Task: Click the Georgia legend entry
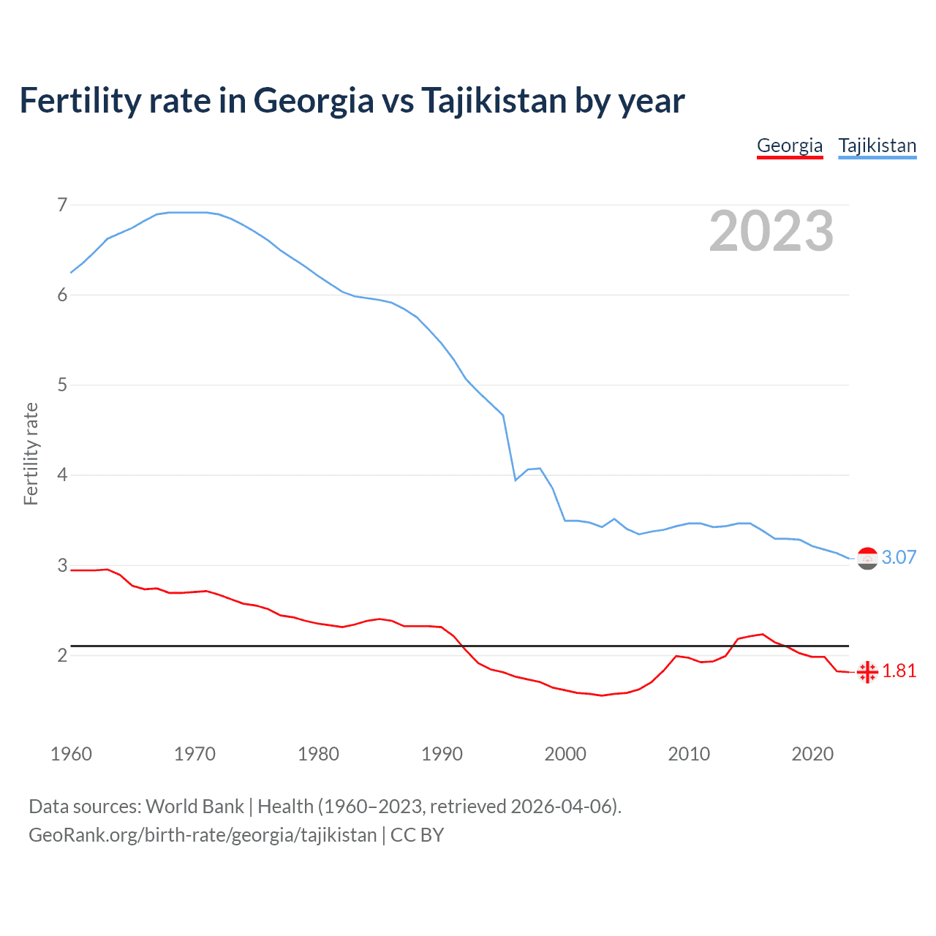coord(790,146)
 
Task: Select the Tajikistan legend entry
coord(877,146)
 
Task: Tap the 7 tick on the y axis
coord(62,205)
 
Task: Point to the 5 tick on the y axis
coord(62,385)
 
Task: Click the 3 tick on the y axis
coord(62,565)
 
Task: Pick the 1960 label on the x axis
coord(71,754)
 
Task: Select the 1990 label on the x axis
coord(442,754)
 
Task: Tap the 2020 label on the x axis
coord(812,754)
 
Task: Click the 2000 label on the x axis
coord(565,754)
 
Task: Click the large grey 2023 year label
coord(771,231)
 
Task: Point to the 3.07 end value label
coord(899,557)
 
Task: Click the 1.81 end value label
coord(899,671)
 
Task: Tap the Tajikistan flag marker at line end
coord(867,559)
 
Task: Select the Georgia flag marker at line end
coord(867,672)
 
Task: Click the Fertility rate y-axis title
coord(31,453)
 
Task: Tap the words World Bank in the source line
coord(195,806)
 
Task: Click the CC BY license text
coord(417,834)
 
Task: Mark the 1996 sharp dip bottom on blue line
coord(516,480)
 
